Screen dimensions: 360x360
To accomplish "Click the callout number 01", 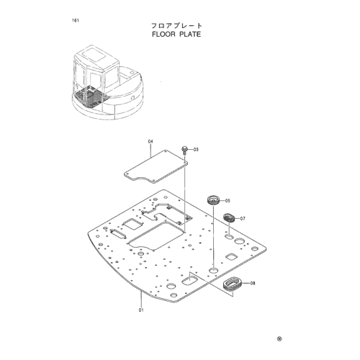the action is tap(141, 310).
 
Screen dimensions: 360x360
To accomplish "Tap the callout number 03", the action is tap(196, 150).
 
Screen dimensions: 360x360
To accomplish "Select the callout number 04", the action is tap(150, 142).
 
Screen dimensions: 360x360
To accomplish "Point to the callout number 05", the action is tap(228, 201).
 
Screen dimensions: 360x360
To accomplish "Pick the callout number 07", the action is tap(243, 219).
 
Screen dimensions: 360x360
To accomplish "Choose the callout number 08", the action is tap(253, 283).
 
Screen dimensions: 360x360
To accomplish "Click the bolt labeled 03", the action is tap(184, 150).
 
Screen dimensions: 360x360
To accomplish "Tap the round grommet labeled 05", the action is tap(213, 200).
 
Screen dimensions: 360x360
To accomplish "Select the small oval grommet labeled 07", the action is tap(229, 217).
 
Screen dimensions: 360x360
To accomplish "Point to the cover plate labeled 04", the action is tap(156, 166).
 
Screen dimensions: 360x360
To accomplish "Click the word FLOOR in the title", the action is tap(163, 34).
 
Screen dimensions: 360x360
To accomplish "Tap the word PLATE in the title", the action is tap(190, 34).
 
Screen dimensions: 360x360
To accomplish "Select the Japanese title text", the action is tap(176, 25).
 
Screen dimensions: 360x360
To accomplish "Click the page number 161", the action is tap(75, 20).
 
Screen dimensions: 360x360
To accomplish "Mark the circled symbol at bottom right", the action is tap(279, 339).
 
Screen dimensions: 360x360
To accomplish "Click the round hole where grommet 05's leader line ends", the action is tap(213, 270).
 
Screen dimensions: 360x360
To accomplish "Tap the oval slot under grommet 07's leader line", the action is tap(229, 237).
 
